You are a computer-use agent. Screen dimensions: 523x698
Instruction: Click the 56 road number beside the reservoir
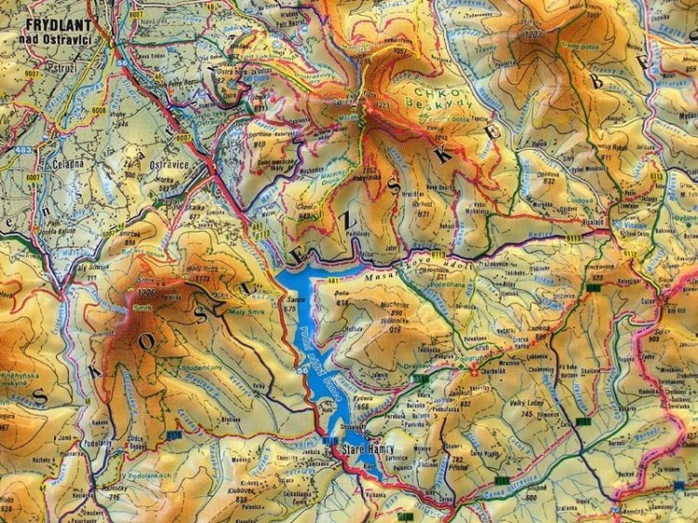301,370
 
